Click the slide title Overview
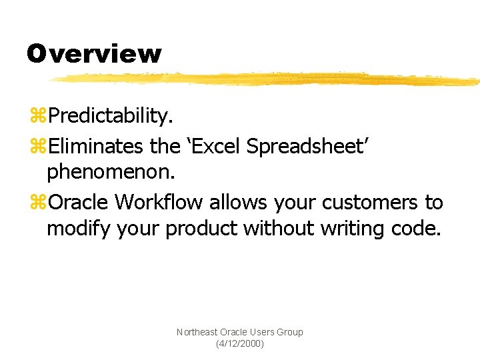click(94, 53)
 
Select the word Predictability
click(111, 117)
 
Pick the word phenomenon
click(111, 173)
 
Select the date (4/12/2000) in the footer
click(240, 343)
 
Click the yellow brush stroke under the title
click(267, 79)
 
